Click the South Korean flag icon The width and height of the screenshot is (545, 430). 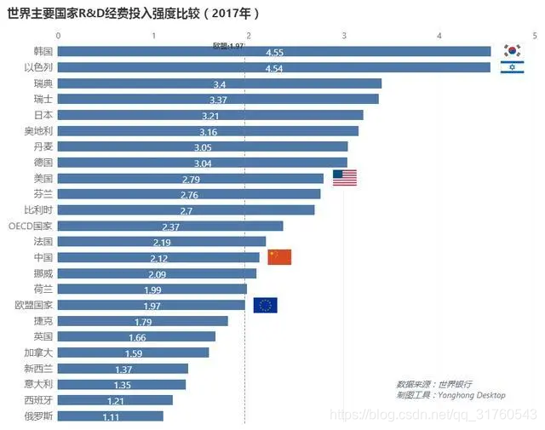[x=512, y=51]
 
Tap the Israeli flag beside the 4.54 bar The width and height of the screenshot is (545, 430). [x=512, y=67]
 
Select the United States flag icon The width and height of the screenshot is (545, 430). [x=344, y=178]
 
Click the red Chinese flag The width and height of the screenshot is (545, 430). [x=279, y=257]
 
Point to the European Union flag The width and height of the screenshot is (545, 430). [x=265, y=305]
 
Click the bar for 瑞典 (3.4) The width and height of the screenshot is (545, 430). [x=220, y=83]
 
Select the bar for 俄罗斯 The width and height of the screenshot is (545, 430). [x=111, y=416]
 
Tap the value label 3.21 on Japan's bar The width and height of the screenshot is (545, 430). [x=211, y=115]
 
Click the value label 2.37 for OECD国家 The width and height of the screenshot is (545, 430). [x=171, y=226]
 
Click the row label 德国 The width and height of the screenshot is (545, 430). [x=43, y=162]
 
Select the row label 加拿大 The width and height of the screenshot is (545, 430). [x=39, y=353]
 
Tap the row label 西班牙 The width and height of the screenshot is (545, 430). [x=39, y=400]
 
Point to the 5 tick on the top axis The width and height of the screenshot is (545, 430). [x=535, y=35]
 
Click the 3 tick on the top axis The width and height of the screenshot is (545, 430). [x=344, y=35]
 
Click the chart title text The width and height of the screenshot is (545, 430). [x=133, y=14]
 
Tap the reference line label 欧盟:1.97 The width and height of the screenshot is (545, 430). [x=227, y=45]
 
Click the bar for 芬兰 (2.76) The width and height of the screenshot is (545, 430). [x=189, y=194]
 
